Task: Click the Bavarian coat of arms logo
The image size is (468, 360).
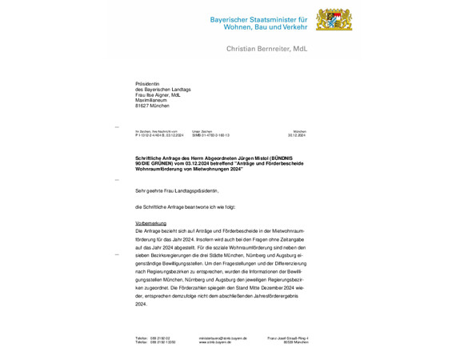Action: pos(311,21)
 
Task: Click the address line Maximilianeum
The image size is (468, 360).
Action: pos(152,100)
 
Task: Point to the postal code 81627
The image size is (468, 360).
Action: pos(142,106)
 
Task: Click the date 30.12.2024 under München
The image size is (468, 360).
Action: pos(298,136)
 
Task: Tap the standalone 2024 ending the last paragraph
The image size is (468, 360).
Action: pos(142,304)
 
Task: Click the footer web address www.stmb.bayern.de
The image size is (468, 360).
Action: pos(218,342)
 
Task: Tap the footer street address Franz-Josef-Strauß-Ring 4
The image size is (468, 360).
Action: pos(287,338)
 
